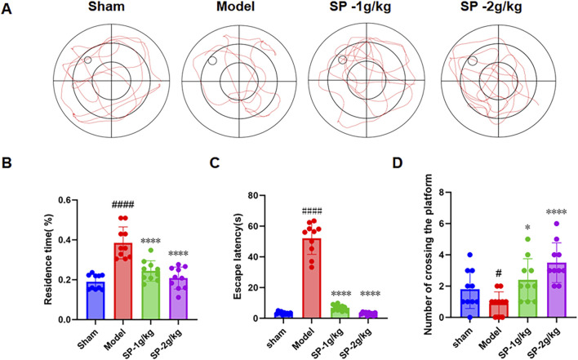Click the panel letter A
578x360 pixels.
[x=7, y=8]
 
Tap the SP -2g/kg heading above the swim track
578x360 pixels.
[x=491, y=7]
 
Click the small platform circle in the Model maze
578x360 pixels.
[x=212, y=60]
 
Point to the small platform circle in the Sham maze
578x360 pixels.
[x=87, y=60]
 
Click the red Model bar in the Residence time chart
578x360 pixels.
[x=123, y=281]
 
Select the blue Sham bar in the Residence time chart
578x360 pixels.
[x=96, y=300]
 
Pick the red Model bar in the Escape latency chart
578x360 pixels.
[x=312, y=278]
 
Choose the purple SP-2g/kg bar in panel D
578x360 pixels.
[x=556, y=290]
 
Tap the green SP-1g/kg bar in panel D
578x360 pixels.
[x=528, y=299]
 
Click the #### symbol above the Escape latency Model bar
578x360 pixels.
[x=312, y=211]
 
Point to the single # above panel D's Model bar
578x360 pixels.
[x=499, y=274]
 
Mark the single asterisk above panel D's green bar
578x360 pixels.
[x=528, y=228]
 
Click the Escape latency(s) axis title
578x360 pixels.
[x=238, y=256]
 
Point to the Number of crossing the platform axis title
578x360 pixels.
[x=427, y=254]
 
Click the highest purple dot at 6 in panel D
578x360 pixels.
[x=557, y=224]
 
